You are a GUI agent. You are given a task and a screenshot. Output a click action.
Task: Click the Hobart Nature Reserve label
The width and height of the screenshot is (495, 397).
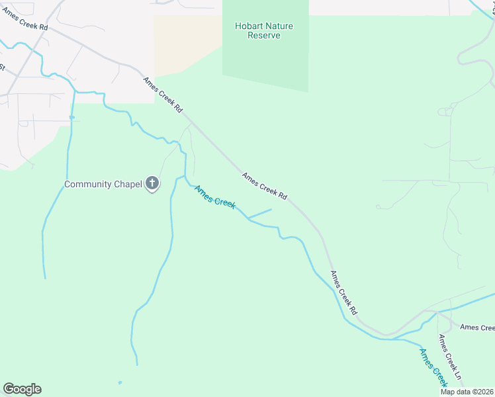(x=264, y=30)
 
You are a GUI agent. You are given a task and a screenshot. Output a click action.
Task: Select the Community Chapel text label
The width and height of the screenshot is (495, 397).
(x=103, y=184)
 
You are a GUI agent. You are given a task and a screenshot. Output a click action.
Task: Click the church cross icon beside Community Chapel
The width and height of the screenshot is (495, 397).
(x=152, y=183)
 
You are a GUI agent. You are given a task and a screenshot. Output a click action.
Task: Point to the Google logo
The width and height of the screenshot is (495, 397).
(x=22, y=389)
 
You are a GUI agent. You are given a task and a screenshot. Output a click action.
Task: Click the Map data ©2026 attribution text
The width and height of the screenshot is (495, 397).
(x=467, y=392)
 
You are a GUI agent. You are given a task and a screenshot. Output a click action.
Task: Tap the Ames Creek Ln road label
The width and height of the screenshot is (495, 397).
(x=451, y=361)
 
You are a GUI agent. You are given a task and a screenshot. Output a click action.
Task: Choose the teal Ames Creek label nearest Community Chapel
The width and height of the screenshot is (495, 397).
(x=214, y=197)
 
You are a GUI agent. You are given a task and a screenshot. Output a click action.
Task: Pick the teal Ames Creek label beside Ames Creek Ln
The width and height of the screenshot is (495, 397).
(x=433, y=367)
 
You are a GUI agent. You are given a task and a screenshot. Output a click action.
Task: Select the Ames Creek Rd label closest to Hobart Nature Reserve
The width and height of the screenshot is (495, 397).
(x=163, y=95)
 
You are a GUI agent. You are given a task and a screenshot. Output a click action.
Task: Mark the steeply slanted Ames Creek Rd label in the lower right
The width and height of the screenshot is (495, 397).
(x=344, y=292)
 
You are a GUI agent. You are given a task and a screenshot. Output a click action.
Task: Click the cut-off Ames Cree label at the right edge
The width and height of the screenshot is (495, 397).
(x=477, y=328)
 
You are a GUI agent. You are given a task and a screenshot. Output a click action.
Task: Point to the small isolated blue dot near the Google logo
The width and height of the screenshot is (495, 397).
(x=120, y=382)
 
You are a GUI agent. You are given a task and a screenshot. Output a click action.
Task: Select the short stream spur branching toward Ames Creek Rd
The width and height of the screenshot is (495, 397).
(x=260, y=214)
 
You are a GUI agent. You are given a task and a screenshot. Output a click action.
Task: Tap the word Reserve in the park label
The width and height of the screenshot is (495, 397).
(x=264, y=36)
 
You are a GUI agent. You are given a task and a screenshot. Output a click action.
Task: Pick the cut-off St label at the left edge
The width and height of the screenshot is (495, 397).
(x=2, y=67)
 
